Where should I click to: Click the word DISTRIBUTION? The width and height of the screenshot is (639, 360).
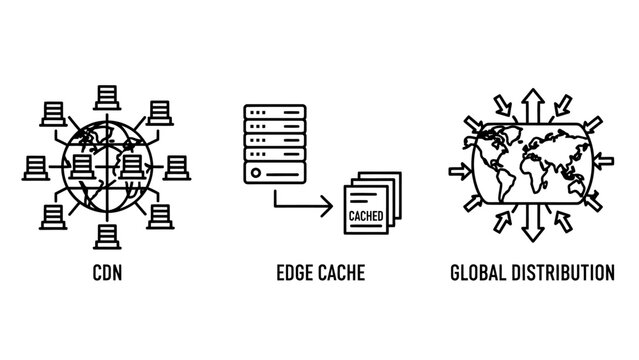[x=565, y=271]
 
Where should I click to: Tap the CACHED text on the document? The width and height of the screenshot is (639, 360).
[x=365, y=215]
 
